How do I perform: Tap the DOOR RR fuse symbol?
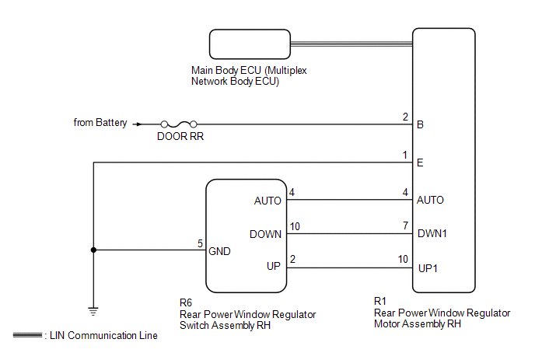(178, 124)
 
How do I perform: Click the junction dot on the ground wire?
(93, 250)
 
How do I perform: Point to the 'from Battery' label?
(100, 123)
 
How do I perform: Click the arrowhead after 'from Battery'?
(138, 124)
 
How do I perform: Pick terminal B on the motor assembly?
(421, 124)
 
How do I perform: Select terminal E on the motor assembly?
(421, 163)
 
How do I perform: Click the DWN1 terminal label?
(432, 233)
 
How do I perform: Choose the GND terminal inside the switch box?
(220, 251)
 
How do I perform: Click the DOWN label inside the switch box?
(265, 233)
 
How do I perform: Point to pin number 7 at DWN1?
(405, 226)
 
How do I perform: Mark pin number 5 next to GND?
(200, 243)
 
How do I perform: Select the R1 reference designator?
(380, 301)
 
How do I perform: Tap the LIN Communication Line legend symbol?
(29, 335)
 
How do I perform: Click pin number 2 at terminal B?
(405, 117)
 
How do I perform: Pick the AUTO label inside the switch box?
(267, 200)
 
